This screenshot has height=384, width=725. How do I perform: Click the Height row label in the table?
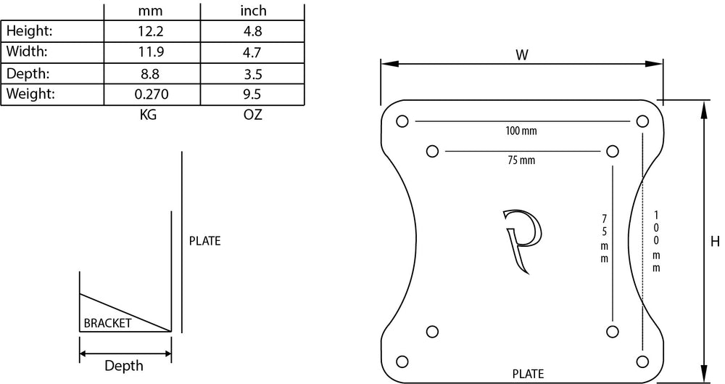click(30, 30)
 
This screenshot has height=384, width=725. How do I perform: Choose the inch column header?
click(253, 10)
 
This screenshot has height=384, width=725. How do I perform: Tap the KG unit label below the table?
click(148, 115)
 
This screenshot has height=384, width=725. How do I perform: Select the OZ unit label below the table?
click(253, 115)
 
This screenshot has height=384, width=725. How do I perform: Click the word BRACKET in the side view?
click(107, 324)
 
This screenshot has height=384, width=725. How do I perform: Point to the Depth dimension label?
click(124, 366)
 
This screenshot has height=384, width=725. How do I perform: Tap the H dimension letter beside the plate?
click(715, 242)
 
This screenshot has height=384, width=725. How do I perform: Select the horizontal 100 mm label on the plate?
click(521, 131)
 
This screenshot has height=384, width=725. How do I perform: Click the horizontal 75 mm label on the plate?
click(521, 160)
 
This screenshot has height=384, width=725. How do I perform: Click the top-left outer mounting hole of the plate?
click(404, 121)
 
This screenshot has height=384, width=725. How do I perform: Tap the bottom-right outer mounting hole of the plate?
click(641, 360)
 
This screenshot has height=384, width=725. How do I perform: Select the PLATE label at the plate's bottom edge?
click(528, 374)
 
